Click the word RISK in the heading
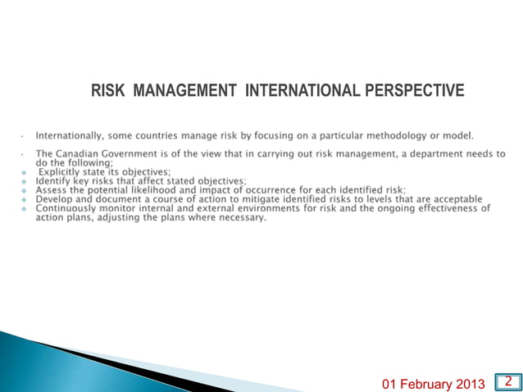pos(107,89)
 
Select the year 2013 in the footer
pos(472,382)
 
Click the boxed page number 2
pos(508,381)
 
